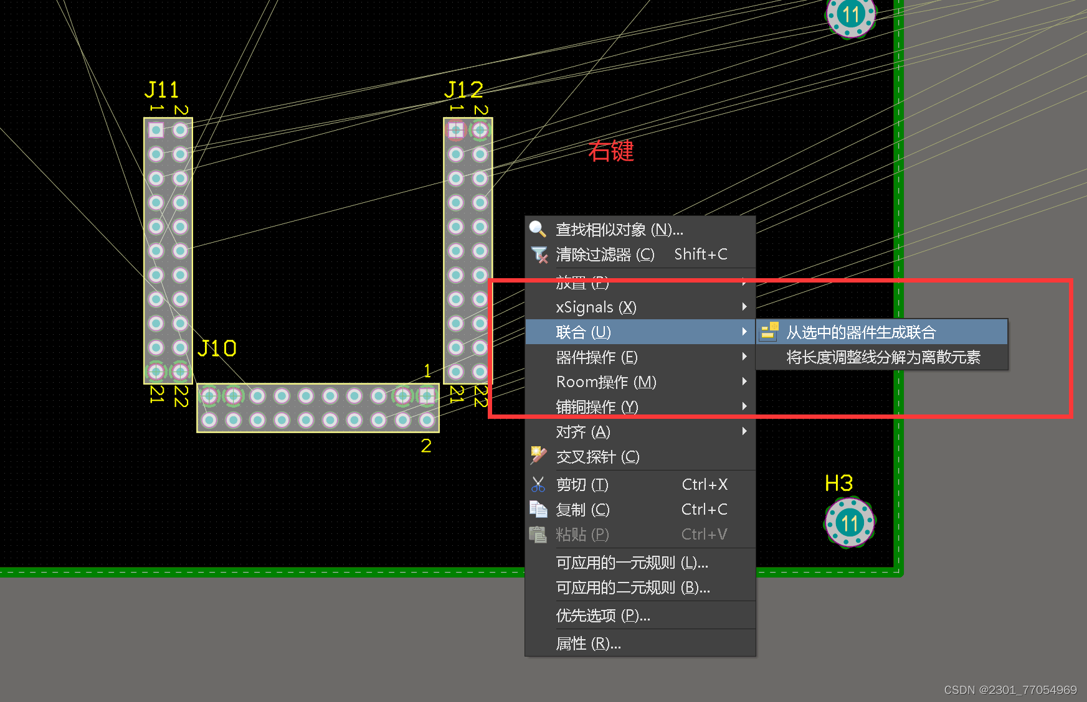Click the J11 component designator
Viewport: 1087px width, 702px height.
click(x=161, y=90)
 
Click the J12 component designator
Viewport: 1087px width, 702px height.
click(x=463, y=90)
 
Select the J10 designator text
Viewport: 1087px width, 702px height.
click(x=217, y=349)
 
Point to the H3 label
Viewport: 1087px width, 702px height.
click(x=838, y=484)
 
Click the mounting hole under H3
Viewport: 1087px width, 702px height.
click(x=850, y=523)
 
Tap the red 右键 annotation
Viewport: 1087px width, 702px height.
click(x=610, y=151)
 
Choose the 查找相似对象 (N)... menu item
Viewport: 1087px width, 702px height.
click(x=619, y=230)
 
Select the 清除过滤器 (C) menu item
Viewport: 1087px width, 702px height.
click(x=605, y=255)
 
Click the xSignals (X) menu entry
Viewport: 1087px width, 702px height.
click(x=596, y=307)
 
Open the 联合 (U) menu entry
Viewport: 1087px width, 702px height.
click(x=584, y=332)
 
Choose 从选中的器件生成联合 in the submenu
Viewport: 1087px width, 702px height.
click(x=861, y=332)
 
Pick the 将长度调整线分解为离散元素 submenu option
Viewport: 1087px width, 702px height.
click(x=883, y=357)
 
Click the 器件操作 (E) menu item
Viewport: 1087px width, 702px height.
click(x=597, y=357)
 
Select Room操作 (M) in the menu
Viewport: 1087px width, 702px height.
click(x=606, y=382)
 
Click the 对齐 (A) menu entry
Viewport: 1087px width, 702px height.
click(x=583, y=432)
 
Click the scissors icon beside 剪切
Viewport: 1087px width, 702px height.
click(x=538, y=484)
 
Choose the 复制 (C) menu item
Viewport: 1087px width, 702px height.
click(x=582, y=510)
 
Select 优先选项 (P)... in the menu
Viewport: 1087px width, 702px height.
click(x=602, y=615)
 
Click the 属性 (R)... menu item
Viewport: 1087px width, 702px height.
click(x=588, y=643)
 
